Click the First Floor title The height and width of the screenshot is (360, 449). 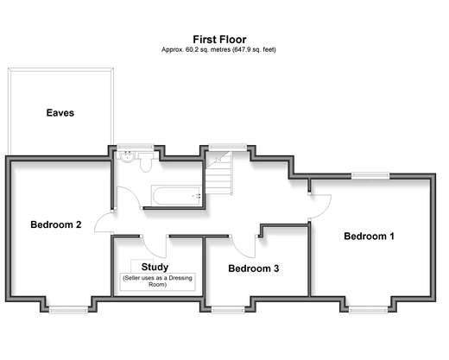(219, 40)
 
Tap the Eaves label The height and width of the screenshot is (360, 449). (60, 113)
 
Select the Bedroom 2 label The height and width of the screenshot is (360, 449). (56, 224)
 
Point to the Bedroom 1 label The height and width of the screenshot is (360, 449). (369, 237)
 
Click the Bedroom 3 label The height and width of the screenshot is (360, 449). (254, 268)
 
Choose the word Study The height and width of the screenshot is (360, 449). (155, 267)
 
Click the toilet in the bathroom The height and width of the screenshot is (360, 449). (145, 162)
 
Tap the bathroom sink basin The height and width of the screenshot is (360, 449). (127, 156)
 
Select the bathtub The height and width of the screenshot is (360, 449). (176, 196)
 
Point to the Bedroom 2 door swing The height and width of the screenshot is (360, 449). (104, 222)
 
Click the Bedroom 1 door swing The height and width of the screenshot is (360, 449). (320, 207)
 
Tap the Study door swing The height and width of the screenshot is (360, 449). (154, 247)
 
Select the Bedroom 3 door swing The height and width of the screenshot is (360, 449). (243, 247)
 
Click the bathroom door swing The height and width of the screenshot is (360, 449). (129, 198)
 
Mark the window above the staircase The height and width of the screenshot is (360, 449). (228, 147)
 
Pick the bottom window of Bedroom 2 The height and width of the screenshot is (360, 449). (68, 310)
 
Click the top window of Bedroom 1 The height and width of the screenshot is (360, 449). (370, 175)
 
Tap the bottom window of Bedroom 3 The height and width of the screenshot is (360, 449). (228, 310)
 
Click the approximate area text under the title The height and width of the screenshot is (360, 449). (218, 50)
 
